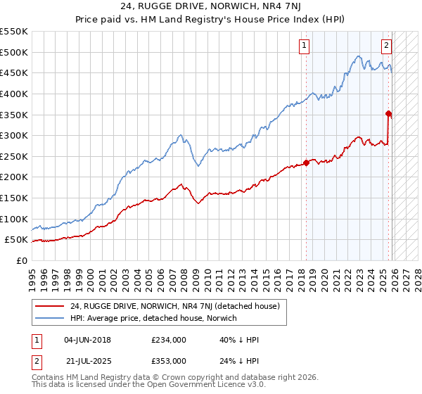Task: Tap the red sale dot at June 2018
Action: tap(306, 163)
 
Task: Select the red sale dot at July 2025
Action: tap(389, 113)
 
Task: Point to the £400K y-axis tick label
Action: tap(14, 94)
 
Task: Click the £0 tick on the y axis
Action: tap(22, 260)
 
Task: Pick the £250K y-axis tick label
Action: tap(14, 156)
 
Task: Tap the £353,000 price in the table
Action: tap(168, 360)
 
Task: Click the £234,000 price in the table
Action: tap(168, 340)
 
